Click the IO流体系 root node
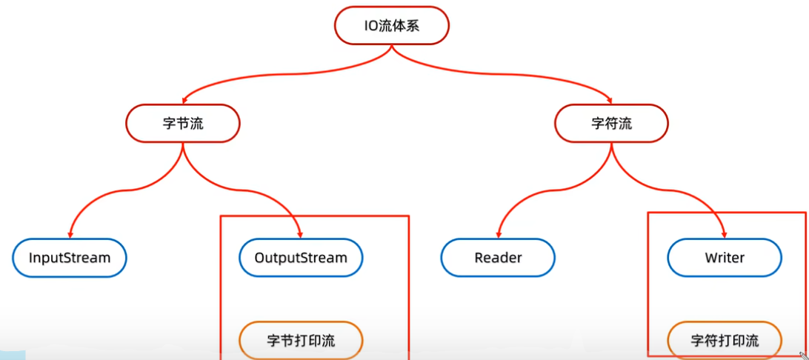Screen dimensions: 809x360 coord(392,25)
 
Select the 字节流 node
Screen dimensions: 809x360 coord(182,123)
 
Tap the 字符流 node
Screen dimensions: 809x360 coord(611,123)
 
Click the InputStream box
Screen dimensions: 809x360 coord(70,258)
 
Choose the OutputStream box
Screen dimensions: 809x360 coord(301,258)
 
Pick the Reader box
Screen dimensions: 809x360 coord(498,258)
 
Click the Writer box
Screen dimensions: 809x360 coord(725,258)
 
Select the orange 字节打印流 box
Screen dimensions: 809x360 coord(301,341)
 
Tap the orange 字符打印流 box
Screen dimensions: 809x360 coord(725,341)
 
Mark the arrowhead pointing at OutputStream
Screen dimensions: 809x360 coord(300,234)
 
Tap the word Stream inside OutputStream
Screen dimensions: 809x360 coord(326,258)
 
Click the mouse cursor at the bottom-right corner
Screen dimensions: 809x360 coord(802,355)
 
